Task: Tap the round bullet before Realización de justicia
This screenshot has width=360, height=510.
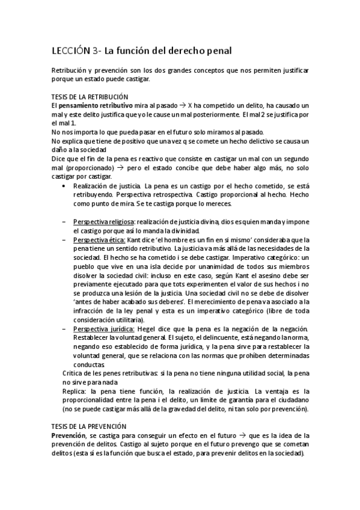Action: pos(64,187)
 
